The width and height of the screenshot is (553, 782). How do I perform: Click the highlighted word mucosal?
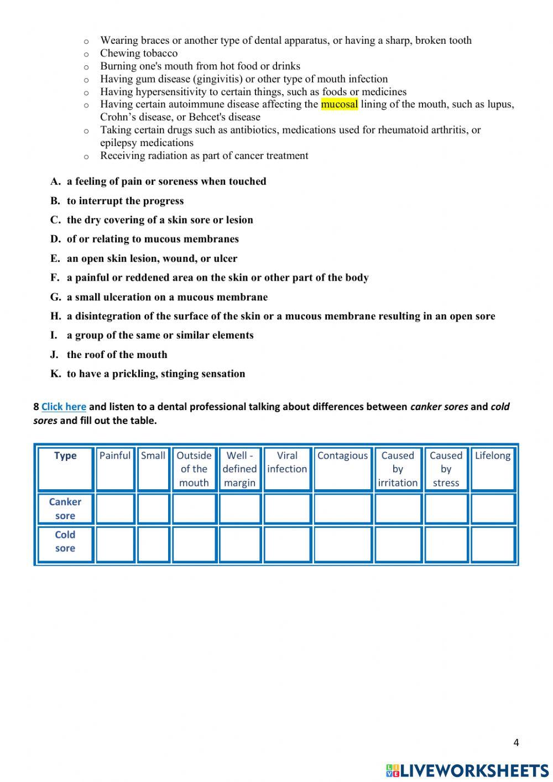pyautogui.click(x=339, y=104)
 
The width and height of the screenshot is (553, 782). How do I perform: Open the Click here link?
pyautogui.click(x=64, y=407)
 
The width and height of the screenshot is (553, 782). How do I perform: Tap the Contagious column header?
pyautogui.click(x=342, y=456)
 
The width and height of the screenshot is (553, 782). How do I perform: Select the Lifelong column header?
pyautogui.click(x=493, y=456)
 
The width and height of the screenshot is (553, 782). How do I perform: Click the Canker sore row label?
pyautogui.click(x=65, y=509)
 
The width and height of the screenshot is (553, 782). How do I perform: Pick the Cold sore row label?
pyautogui.click(x=65, y=542)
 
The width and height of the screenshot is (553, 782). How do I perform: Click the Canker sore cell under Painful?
pyautogui.click(x=115, y=509)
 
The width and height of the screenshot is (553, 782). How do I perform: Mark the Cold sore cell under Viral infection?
pyautogui.click(x=287, y=544)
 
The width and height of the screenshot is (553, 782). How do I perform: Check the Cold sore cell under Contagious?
pyautogui.click(x=343, y=544)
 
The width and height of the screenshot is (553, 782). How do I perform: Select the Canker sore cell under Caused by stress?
pyautogui.click(x=446, y=509)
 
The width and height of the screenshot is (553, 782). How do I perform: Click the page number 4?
pyautogui.click(x=516, y=743)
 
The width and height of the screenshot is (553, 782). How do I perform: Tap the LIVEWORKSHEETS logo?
pyautogui.click(x=467, y=770)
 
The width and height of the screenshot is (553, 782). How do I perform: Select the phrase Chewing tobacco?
pyautogui.click(x=139, y=53)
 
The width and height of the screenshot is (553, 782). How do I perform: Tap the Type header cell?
pyautogui.click(x=65, y=456)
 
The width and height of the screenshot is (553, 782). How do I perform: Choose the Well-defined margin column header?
pyautogui.click(x=239, y=469)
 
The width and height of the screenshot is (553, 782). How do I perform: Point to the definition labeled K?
pyautogui.click(x=155, y=374)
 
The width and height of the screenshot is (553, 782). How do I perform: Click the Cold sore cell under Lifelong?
pyautogui.click(x=493, y=544)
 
